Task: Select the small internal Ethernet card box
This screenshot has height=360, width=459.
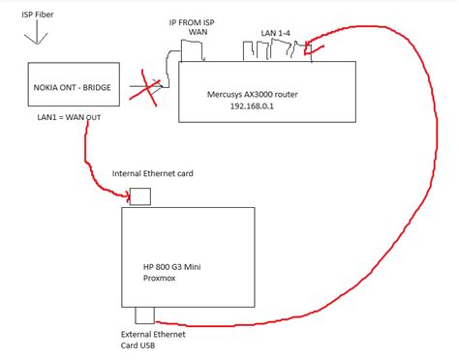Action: [x=140, y=195]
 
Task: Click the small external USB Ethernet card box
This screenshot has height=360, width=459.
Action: [x=146, y=315]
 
